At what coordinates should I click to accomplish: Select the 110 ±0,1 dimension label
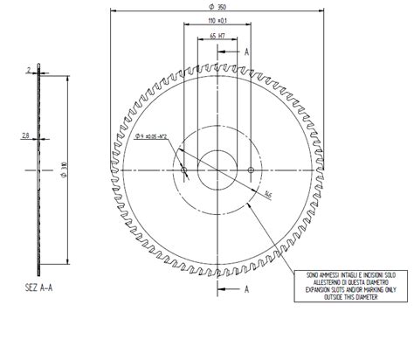pos(217,21)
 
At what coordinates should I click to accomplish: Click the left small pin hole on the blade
pos(183,169)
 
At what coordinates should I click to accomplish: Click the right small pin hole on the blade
pos(252,169)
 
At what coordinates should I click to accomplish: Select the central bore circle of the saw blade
pos(217,169)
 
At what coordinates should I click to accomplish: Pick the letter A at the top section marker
pos(249,52)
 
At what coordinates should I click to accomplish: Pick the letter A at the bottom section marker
pos(248,287)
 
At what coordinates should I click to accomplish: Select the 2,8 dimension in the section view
pos(26,135)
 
